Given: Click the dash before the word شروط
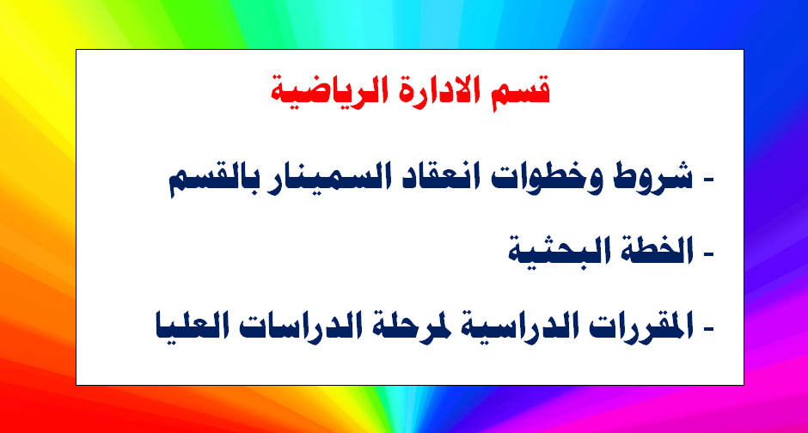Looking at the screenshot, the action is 708,180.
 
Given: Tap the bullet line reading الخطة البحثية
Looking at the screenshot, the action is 610,250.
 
